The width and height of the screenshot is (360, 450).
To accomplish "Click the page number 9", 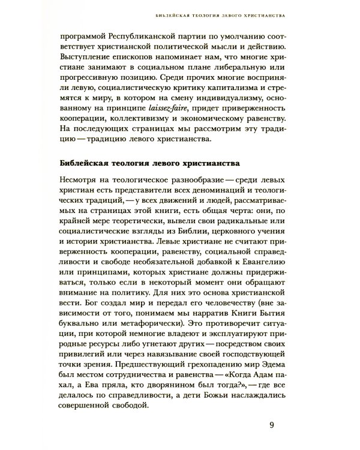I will click(x=271, y=427).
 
